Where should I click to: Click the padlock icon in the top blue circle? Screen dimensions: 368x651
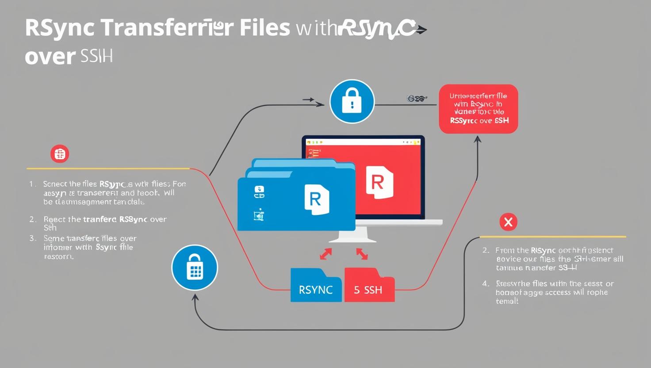(352, 101)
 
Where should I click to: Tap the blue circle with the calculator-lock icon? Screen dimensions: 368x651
(195, 268)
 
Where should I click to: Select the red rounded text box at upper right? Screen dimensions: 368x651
(478, 109)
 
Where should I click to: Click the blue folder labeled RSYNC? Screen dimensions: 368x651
(316, 287)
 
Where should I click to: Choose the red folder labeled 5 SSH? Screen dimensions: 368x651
(369, 287)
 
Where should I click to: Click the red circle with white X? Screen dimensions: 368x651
(508, 222)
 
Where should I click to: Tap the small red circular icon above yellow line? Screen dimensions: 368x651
(60, 154)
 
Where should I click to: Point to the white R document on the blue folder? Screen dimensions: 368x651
(317, 200)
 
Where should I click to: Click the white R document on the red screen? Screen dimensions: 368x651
(379, 182)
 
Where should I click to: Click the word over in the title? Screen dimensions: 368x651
(50, 57)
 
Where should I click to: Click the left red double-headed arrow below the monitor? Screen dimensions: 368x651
(326, 254)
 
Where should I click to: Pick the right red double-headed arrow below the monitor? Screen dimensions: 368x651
(362, 254)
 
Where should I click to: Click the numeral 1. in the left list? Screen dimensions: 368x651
(32, 184)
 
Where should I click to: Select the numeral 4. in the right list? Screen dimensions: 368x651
(486, 284)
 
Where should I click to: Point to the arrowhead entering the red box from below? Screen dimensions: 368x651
(478, 140)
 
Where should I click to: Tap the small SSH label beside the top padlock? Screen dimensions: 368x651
(416, 99)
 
